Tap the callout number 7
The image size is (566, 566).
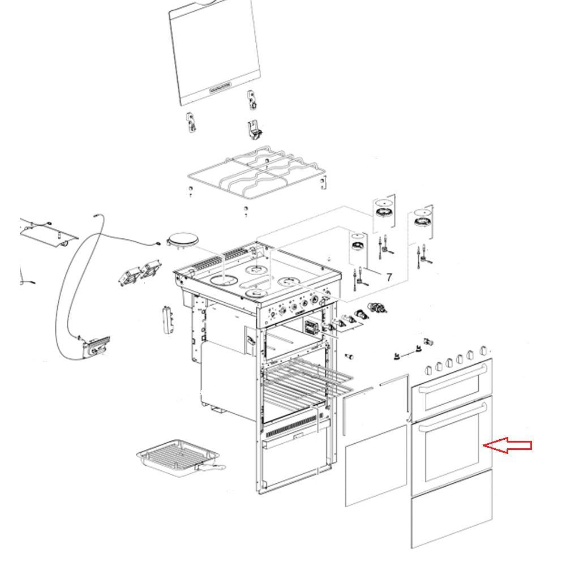tap(389, 277)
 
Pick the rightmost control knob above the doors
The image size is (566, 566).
tap(483, 351)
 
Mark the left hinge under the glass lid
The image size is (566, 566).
tap(191, 123)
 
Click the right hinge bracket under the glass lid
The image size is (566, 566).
tap(254, 128)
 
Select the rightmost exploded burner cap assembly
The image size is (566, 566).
tap(422, 215)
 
